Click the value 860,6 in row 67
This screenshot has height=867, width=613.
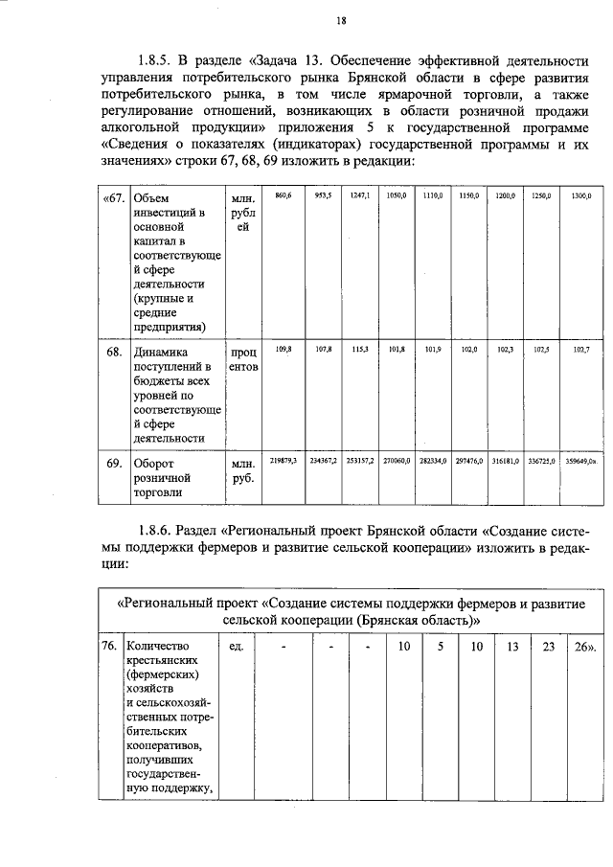click(x=283, y=194)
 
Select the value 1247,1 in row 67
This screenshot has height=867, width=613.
click(x=360, y=194)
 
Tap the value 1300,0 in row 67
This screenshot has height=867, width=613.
click(x=581, y=195)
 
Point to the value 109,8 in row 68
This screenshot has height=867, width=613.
click(x=283, y=349)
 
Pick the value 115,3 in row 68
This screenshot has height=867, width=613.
click(x=360, y=349)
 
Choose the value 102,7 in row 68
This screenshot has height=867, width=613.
click(x=581, y=350)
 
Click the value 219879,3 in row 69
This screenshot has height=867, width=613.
click(x=283, y=460)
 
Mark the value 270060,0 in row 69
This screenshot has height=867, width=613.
click(x=397, y=460)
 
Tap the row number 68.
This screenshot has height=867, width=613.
click(x=113, y=352)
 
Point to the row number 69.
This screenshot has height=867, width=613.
click(x=113, y=463)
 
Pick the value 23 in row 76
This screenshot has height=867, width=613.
click(x=547, y=647)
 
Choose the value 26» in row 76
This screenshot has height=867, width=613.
click(x=584, y=647)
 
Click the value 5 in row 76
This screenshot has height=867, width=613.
click(x=441, y=647)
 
